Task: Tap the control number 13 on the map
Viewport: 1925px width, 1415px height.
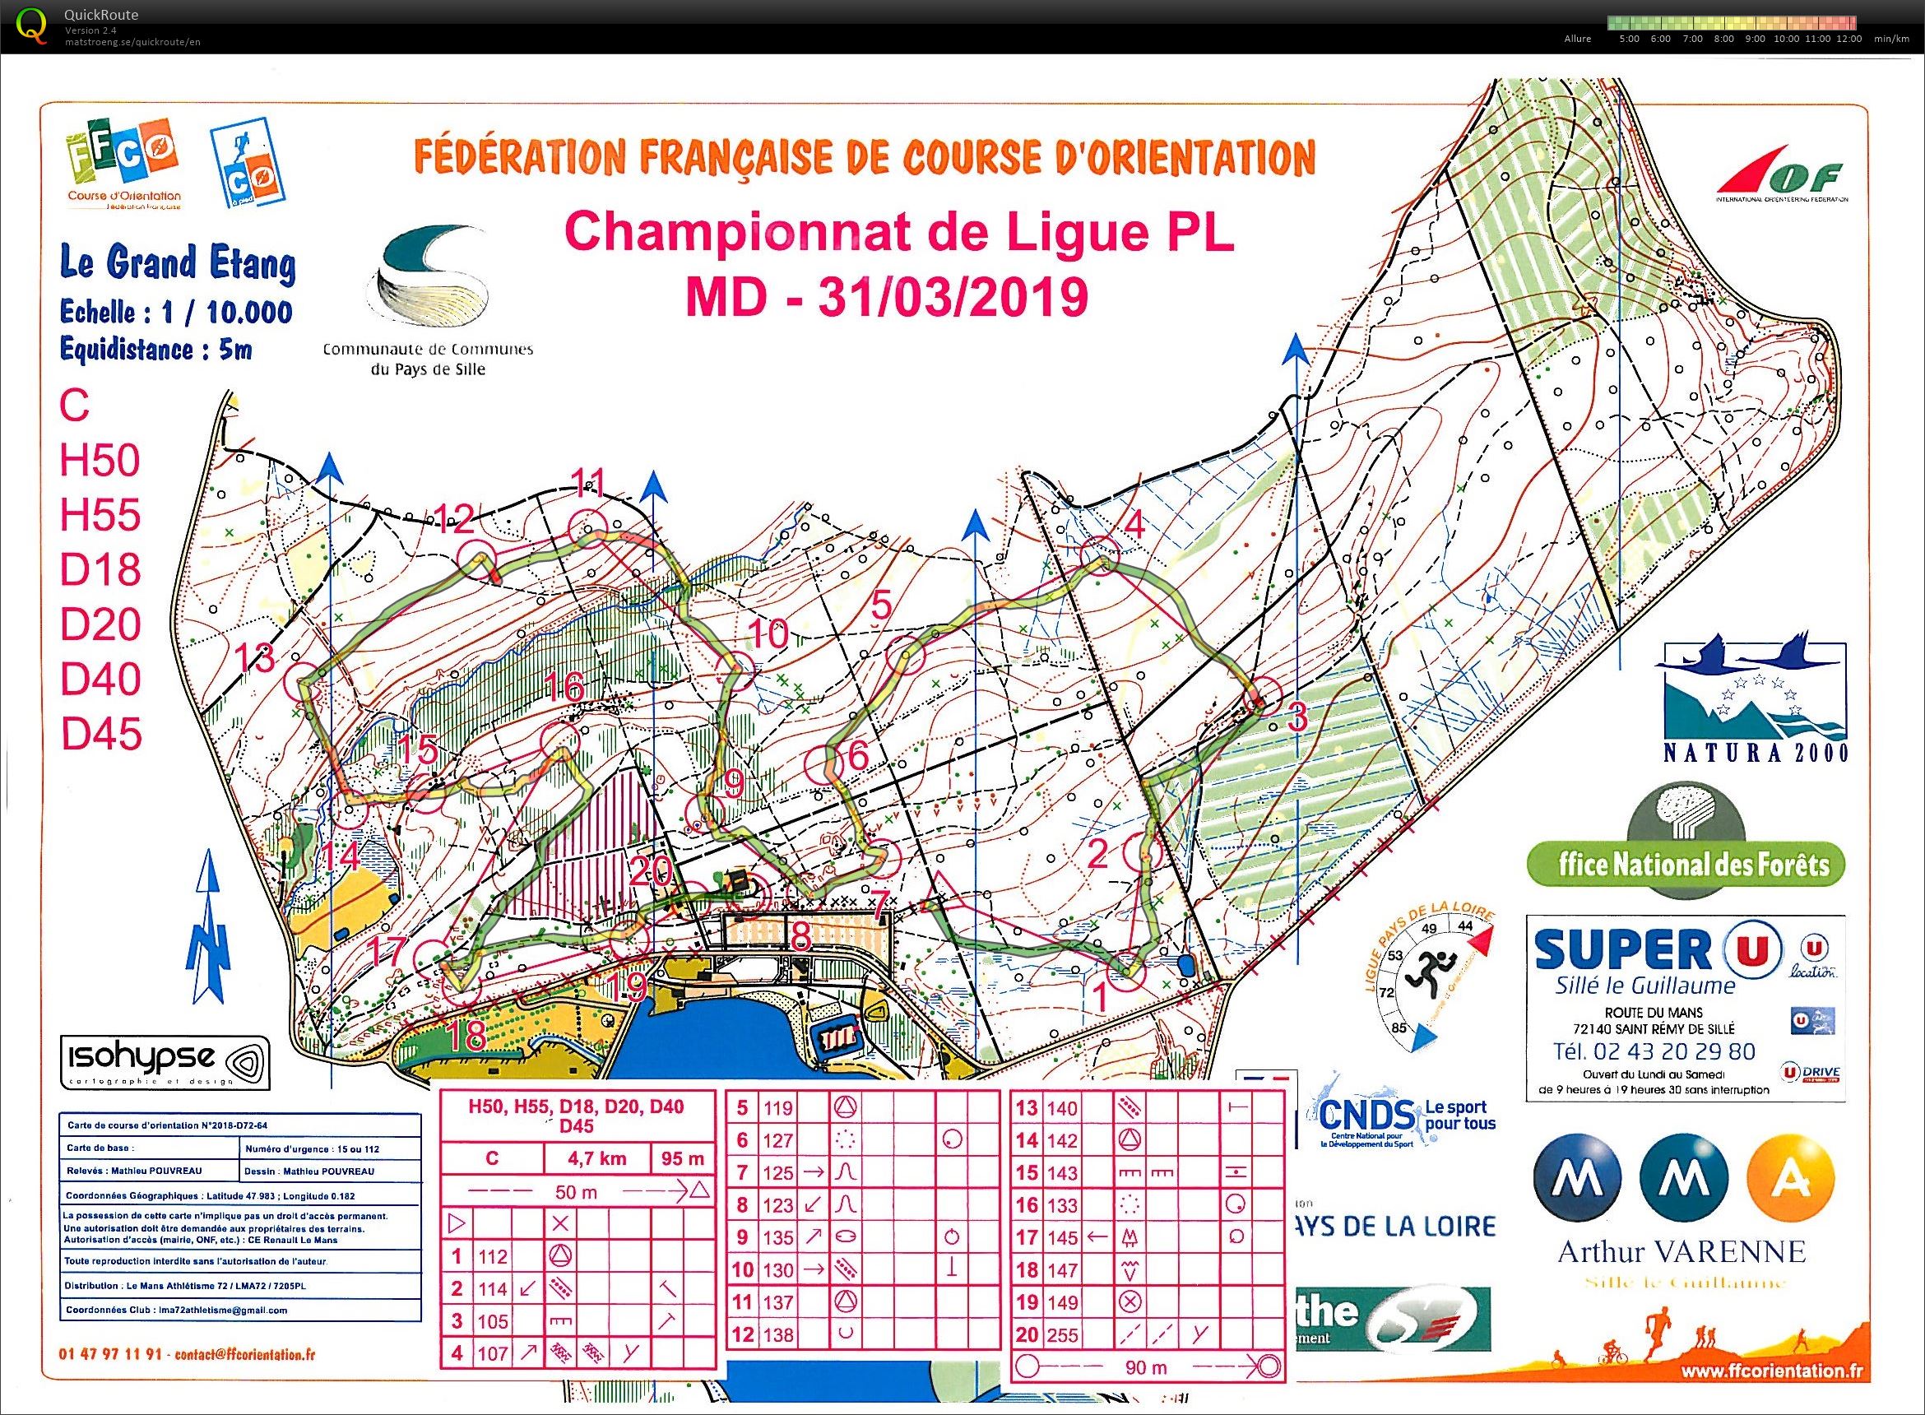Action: coord(254,658)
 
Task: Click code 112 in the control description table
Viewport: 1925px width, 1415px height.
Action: coord(493,1256)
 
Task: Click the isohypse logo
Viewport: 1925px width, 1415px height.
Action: coord(165,1063)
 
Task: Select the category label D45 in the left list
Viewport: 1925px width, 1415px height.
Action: coord(100,734)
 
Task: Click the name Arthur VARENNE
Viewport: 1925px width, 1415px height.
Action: coord(1681,1252)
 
